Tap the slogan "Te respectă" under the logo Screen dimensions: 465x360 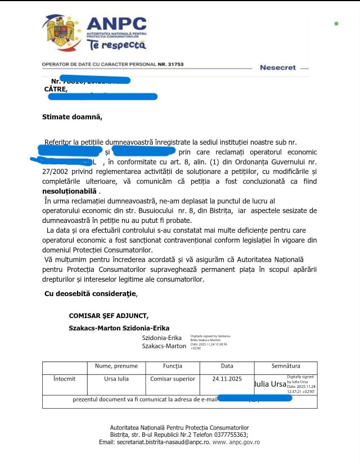coord(113,45)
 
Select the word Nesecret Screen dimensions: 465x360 coord(277,68)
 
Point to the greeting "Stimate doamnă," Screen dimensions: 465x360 coord(73,117)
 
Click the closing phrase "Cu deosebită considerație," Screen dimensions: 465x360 coord(90,293)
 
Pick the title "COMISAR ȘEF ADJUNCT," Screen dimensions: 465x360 coord(109,316)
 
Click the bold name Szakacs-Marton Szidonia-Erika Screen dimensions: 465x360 coord(119,328)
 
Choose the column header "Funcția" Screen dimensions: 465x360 coord(173,366)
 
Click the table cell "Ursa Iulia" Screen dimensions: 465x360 coord(116,379)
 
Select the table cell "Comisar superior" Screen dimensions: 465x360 coord(173,379)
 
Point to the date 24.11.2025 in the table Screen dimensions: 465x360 coord(227,379)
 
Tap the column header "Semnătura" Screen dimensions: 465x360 coord(286,366)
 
